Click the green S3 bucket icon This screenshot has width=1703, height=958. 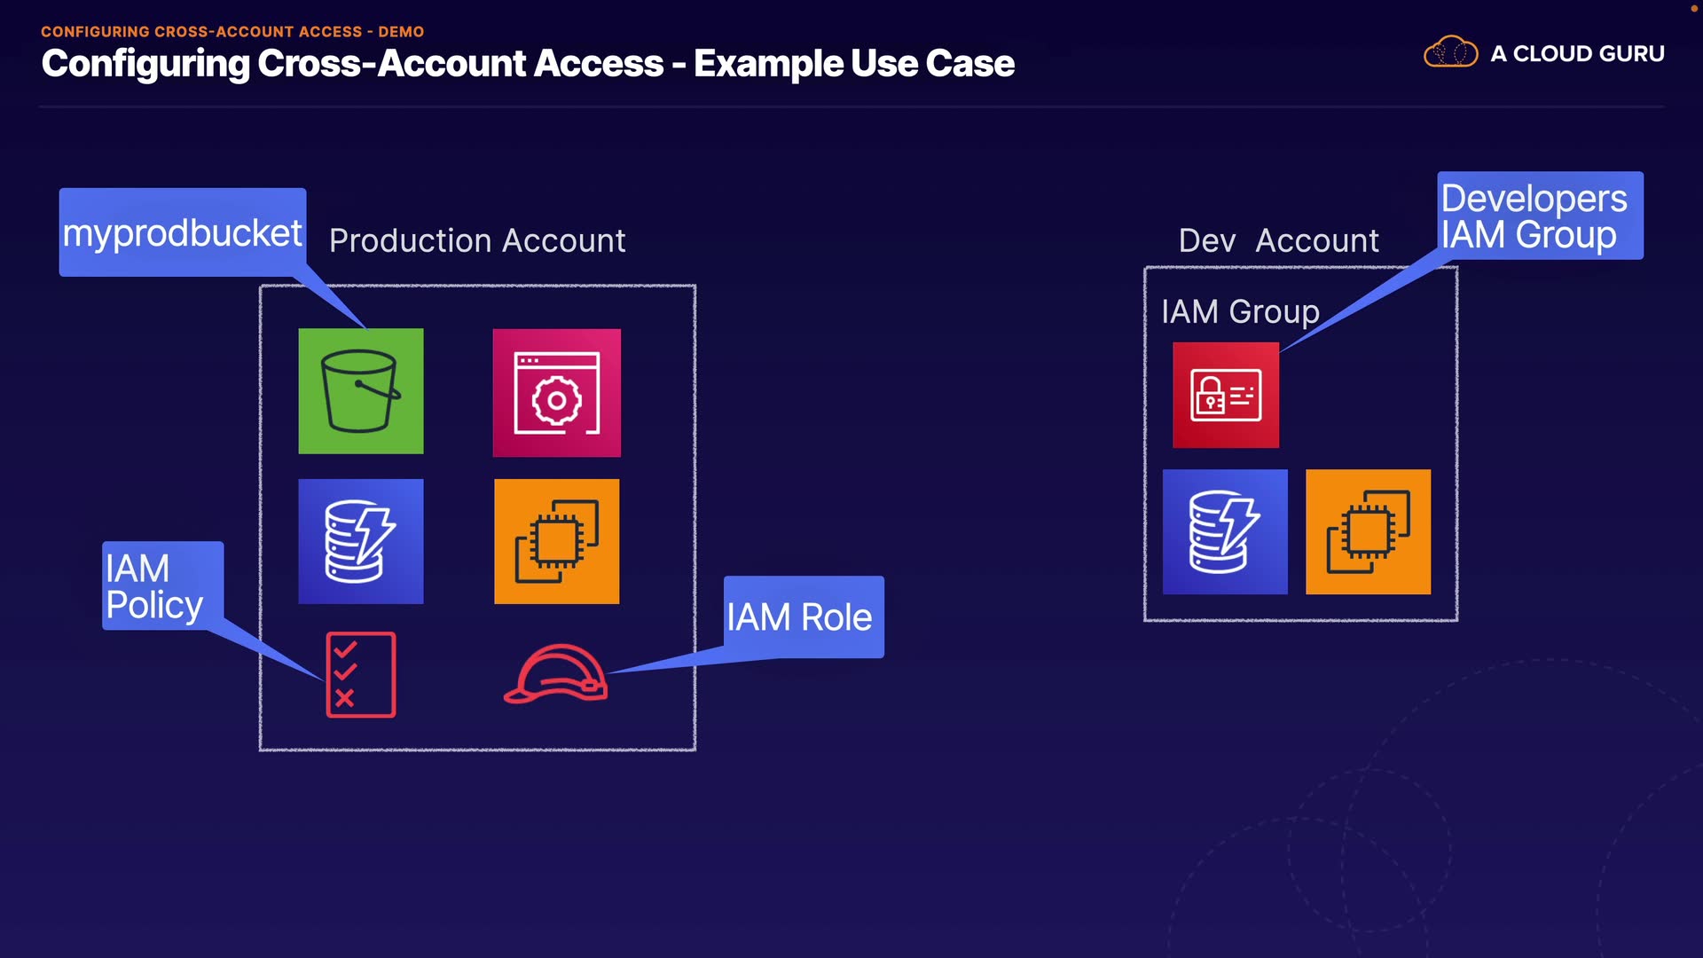point(360,391)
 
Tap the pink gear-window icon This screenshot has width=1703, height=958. point(556,393)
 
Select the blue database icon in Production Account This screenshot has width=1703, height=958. point(360,541)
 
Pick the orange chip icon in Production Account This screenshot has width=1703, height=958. point(556,541)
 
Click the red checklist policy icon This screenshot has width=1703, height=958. point(360,674)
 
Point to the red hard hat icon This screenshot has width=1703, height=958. point(556,676)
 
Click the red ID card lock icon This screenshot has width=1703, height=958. point(1225,395)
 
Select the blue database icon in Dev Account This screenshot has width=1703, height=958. point(1224,531)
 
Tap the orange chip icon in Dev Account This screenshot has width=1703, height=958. point(1368,531)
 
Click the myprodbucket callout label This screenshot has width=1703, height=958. point(183,232)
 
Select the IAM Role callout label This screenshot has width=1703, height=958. point(803,617)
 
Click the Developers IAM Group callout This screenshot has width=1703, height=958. point(1539,216)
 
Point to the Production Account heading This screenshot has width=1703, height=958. point(477,241)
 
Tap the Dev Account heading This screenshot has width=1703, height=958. point(1278,241)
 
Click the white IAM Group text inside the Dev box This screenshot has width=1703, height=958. point(1240,312)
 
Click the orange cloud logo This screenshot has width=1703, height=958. point(1450,52)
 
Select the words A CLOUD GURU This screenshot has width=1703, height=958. point(1577,54)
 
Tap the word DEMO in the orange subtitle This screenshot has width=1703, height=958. point(401,32)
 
